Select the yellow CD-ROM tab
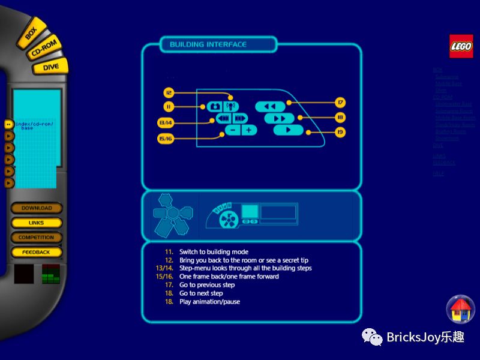pos(44,49)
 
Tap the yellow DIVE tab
pos(50,67)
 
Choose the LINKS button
pos(37,223)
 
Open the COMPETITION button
pos(37,238)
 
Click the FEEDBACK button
pos(37,252)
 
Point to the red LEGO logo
pos(461,46)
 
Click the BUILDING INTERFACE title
pos(208,44)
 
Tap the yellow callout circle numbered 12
pos(169,93)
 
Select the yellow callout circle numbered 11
pos(169,107)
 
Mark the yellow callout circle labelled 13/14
pos(166,123)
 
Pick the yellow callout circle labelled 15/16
pos(166,139)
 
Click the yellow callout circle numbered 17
pos(340,103)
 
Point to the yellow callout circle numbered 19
pos(340,132)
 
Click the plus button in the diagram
pos(248,130)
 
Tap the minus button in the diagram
pos(233,130)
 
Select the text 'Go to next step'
pos(201,293)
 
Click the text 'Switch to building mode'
pos(214,252)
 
